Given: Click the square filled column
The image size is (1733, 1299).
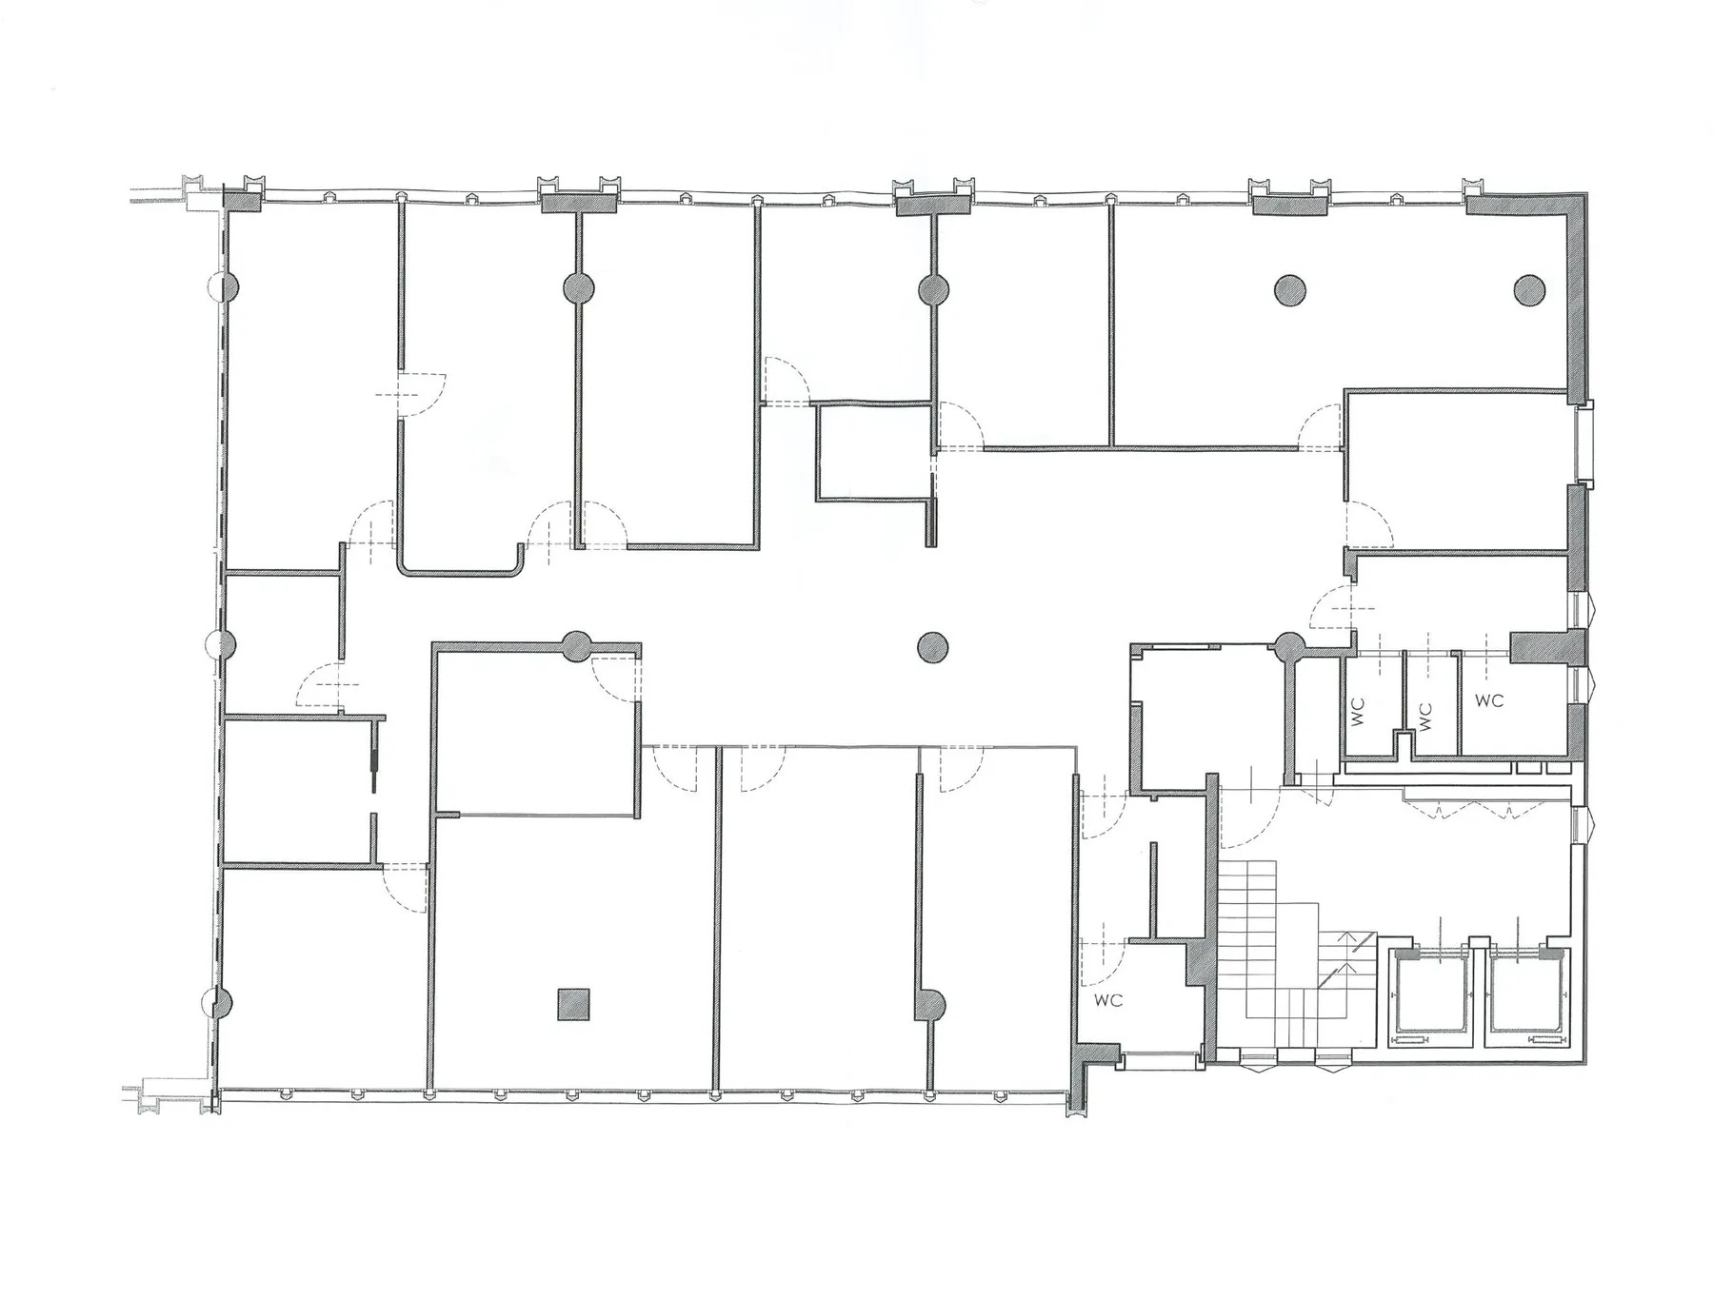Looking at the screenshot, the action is point(573,1005).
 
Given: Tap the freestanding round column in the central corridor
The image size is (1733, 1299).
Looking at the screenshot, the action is point(933,648).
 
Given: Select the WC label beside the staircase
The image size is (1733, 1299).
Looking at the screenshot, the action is point(1108,1000).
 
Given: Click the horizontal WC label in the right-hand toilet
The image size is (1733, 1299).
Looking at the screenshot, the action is point(1489,700).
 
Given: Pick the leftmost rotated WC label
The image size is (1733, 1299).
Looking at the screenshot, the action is point(1358,711).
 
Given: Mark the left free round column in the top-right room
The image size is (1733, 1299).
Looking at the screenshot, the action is point(1289,289).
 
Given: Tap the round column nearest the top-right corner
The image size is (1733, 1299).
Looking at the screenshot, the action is point(1529,289).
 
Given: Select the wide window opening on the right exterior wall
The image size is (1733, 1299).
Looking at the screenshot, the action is point(1584,443).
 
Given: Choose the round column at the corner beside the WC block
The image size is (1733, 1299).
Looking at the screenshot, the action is point(1290,648).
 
